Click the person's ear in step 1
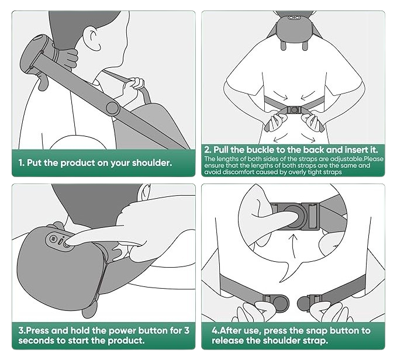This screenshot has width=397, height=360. tap(92, 40)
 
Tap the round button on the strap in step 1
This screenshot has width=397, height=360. tap(113, 108)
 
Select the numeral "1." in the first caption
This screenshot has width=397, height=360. tap(22, 162)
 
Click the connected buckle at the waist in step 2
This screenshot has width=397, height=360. tap(294, 110)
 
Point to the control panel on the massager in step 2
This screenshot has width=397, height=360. tap(294, 18)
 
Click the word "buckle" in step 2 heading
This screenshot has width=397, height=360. tap(260, 150)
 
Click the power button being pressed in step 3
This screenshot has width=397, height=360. tap(67, 245)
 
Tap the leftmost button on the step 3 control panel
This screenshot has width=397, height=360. tap(53, 238)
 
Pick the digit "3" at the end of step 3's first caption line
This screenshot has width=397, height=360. tap(187, 330)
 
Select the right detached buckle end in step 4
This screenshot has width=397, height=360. tap(309, 303)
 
